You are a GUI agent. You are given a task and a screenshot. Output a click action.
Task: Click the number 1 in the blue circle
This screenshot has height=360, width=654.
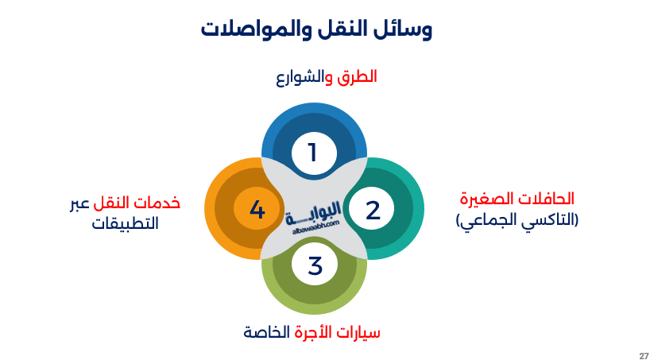pyautogui.click(x=313, y=152)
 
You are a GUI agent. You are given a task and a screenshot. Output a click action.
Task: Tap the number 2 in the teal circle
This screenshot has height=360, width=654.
pyautogui.click(x=373, y=210)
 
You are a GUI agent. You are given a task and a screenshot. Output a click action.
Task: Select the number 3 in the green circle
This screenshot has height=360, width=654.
pyautogui.click(x=315, y=266)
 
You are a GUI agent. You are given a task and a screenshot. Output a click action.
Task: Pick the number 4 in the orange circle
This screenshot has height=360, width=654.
pyautogui.click(x=256, y=210)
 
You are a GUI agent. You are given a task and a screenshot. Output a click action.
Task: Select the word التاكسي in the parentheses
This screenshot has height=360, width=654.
pyautogui.click(x=548, y=220)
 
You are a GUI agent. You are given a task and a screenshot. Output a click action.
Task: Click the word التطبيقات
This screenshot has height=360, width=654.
pyautogui.click(x=125, y=224)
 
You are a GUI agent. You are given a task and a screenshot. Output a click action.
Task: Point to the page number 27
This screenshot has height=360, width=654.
pyautogui.click(x=643, y=354)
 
